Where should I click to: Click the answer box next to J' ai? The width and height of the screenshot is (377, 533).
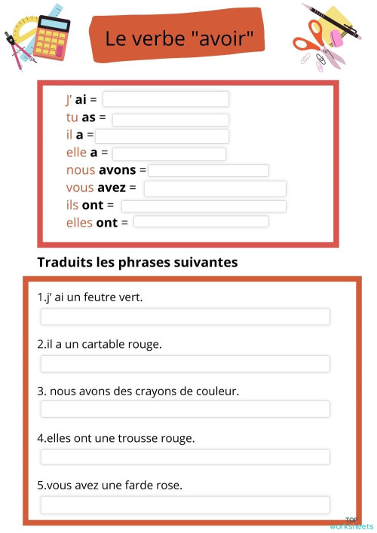(x=166, y=99)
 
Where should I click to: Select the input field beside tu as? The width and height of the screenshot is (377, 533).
(x=170, y=119)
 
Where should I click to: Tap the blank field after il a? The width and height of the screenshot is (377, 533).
(x=161, y=136)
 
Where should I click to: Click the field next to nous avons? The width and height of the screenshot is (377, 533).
(x=208, y=171)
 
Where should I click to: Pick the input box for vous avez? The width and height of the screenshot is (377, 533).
(x=215, y=188)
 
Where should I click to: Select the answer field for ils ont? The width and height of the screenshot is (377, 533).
(x=204, y=206)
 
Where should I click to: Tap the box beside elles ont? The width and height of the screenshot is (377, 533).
(x=201, y=222)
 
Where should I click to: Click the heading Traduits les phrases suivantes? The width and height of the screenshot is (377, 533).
(x=137, y=263)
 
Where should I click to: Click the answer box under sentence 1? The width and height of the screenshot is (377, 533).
(x=185, y=316)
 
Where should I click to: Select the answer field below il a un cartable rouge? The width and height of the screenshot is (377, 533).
(x=185, y=364)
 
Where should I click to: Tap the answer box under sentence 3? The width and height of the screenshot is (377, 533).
(x=185, y=410)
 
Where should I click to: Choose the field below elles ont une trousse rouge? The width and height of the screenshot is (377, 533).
(x=185, y=457)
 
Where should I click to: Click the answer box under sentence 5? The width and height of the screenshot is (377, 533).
(x=185, y=504)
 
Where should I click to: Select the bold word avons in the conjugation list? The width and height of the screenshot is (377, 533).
(x=118, y=171)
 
